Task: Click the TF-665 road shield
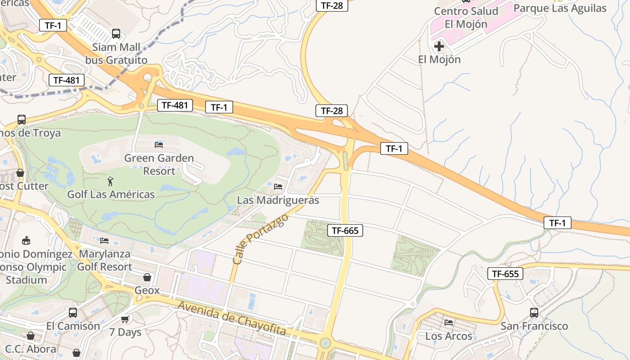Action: [x=345, y=231]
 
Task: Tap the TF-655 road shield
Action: [x=505, y=274]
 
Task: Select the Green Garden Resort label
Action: [x=159, y=165]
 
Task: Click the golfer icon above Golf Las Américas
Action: [x=111, y=181]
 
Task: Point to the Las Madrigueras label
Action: [x=278, y=200]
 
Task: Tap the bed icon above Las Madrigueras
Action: [x=278, y=187]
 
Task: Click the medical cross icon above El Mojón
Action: [x=439, y=46]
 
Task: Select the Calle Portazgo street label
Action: [x=260, y=239]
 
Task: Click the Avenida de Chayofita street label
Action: [x=232, y=318]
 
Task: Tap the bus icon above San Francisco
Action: [x=534, y=312]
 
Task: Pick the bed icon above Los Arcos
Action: [x=449, y=323]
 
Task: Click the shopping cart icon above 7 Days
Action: [x=125, y=319]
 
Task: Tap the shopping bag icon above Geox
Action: [x=147, y=277]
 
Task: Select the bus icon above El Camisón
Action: [x=73, y=312]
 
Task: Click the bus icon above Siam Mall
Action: [x=116, y=33]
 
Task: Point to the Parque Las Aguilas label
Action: [x=560, y=8]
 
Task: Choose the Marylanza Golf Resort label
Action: [x=105, y=260]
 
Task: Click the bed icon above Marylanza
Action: [x=105, y=241]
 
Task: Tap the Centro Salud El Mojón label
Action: [x=466, y=18]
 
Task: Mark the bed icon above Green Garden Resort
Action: [x=159, y=144]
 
